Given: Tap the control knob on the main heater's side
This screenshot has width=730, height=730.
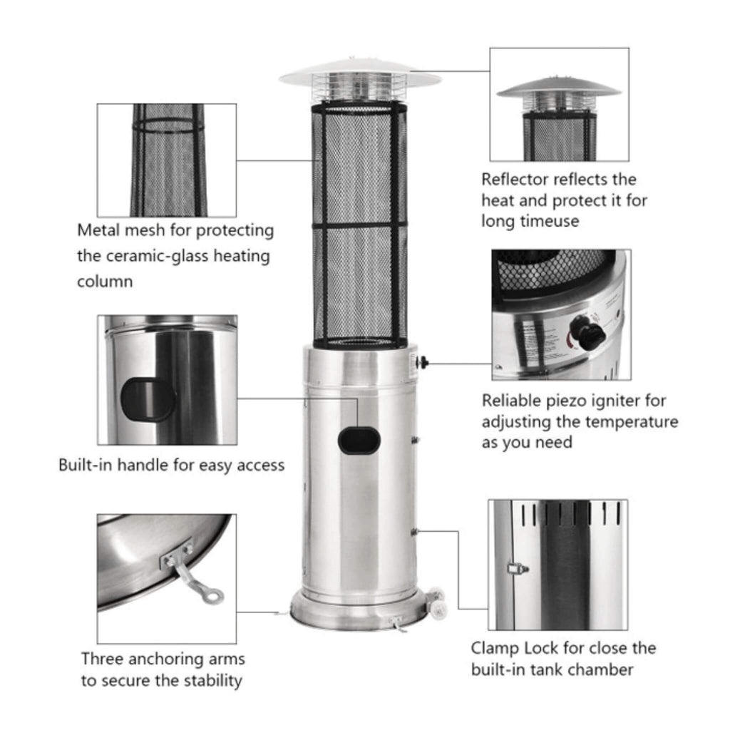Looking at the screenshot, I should pyautogui.click(x=423, y=362).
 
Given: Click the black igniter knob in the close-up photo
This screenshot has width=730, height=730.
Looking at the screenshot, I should pyautogui.click(x=587, y=331).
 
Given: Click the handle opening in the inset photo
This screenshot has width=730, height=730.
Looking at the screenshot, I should pyautogui.click(x=148, y=399).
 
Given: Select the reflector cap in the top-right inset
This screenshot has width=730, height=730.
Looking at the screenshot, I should pyautogui.click(x=558, y=89).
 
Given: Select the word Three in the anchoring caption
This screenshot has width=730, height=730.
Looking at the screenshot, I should pyautogui.click(x=103, y=659).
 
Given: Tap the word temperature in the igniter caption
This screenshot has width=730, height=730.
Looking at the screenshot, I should pyautogui.click(x=632, y=421).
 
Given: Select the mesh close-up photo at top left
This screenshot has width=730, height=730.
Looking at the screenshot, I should pyautogui.click(x=167, y=160).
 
